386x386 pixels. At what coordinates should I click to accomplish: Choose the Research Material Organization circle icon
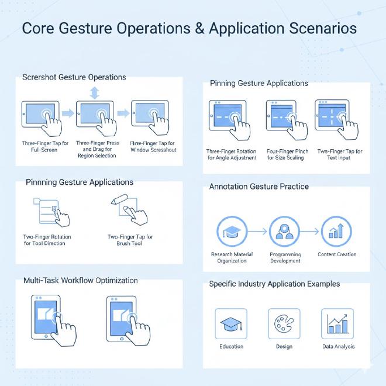(x=232, y=232)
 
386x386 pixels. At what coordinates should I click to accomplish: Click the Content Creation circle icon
(x=336, y=232)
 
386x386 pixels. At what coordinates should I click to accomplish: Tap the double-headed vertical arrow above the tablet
(x=94, y=92)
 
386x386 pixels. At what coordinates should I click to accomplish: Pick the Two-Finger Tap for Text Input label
(x=340, y=154)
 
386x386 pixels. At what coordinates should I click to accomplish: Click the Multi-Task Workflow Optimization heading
(x=80, y=280)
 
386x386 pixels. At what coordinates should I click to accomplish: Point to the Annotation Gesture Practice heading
(x=259, y=187)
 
